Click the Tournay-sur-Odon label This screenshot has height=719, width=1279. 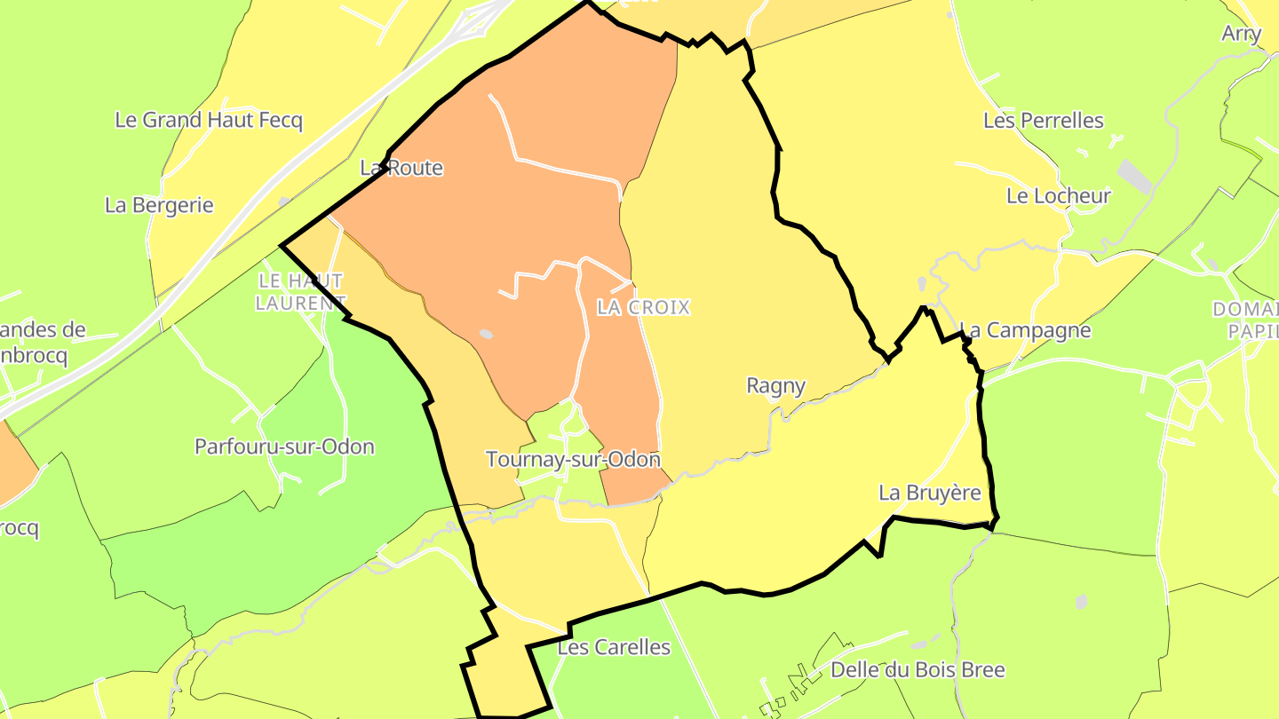click(573, 460)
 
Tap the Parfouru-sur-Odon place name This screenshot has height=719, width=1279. click(284, 446)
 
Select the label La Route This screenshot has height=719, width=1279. click(401, 168)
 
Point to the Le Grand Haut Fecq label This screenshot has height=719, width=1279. click(209, 120)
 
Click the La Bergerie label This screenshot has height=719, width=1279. click(159, 205)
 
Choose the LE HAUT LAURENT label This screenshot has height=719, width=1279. click(300, 292)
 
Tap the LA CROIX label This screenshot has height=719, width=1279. click(643, 307)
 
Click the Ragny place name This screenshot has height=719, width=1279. click(775, 385)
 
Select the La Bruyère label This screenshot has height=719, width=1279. click(930, 493)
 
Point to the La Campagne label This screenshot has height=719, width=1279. click(1025, 330)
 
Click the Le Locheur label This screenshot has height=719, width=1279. click(1058, 196)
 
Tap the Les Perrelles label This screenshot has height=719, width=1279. click(1043, 120)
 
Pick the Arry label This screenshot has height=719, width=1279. click(1241, 34)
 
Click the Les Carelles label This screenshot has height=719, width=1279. click(614, 647)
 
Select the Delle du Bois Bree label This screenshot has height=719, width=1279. click(918, 669)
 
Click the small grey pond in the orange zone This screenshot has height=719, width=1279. click(485, 334)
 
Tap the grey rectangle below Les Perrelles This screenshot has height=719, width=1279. click(1134, 176)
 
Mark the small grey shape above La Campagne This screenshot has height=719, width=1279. click(922, 283)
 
